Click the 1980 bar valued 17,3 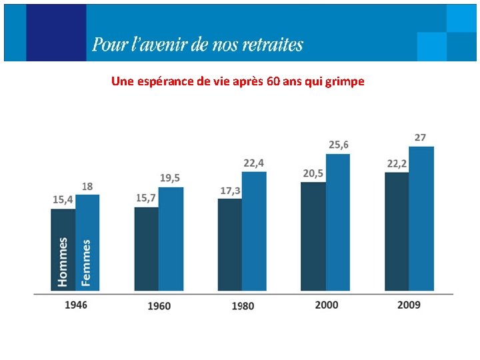(229, 245)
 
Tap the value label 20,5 (313, 173)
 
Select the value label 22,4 (253, 163)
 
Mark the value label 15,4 (63, 199)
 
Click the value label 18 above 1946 (87, 186)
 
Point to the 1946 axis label (76, 305)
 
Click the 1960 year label (159, 306)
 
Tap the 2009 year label (409, 305)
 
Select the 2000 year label (326, 305)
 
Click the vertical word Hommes (63, 262)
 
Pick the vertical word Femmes (86, 263)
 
